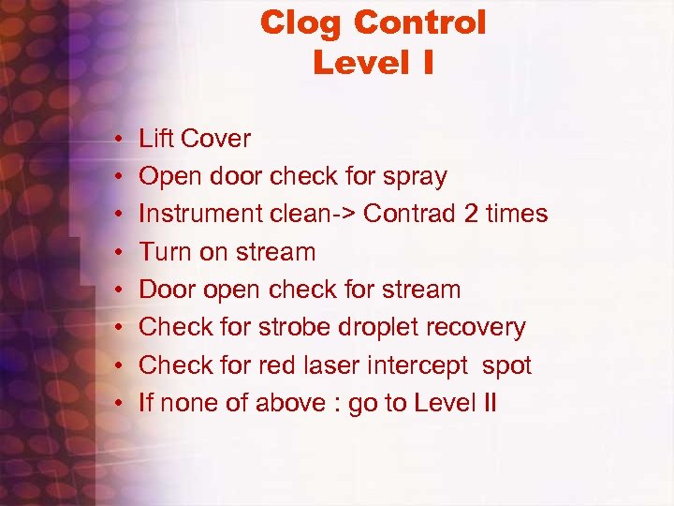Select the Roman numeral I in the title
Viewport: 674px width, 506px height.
[x=426, y=63]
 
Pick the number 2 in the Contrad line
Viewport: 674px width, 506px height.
[x=472, y=214]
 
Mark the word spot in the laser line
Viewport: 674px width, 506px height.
[x=505, y=365]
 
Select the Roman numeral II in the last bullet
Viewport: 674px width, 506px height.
[x=488, y=403]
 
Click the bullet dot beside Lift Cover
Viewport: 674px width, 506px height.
[x=121, y=140]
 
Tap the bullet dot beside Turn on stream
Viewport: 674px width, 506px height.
[x=121, y=253]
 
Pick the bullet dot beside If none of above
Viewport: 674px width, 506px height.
[x=121, y=404]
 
